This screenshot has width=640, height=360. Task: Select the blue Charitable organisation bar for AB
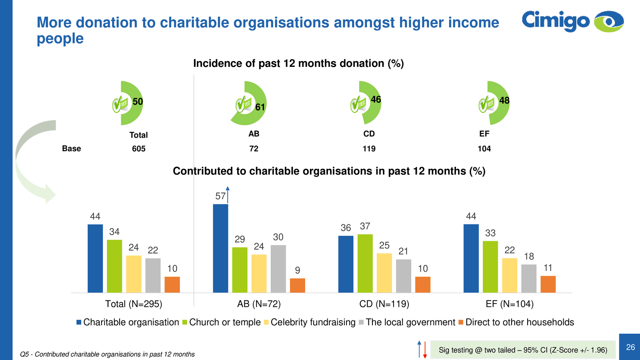[x=220, y=248]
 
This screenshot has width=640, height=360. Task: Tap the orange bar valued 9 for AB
[x=297, y=285]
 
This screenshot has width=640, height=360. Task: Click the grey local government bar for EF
[x=529, y=278]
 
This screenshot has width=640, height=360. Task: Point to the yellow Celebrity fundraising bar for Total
[x=134, y=274]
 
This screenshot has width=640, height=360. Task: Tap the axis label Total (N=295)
[x=134, y=304]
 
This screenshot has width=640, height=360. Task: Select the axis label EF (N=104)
[x=510, y=304]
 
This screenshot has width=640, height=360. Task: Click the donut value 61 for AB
[x=260, y=107]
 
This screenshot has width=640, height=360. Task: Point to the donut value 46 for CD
[x=376, y=100]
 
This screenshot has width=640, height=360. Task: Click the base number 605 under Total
[x=139, y=149]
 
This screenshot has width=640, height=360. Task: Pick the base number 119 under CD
[x=369, y=149]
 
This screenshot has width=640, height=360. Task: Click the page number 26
[x=630, y=347]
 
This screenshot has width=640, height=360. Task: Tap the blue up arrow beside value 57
[x=228, y=195]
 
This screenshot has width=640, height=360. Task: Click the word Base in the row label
[x=72, y=149]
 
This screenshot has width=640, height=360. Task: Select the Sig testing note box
[x=523, y=350]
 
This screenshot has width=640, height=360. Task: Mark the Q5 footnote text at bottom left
[x=107, y=354]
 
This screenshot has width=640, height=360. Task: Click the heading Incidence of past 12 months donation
[x=298, y=64]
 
